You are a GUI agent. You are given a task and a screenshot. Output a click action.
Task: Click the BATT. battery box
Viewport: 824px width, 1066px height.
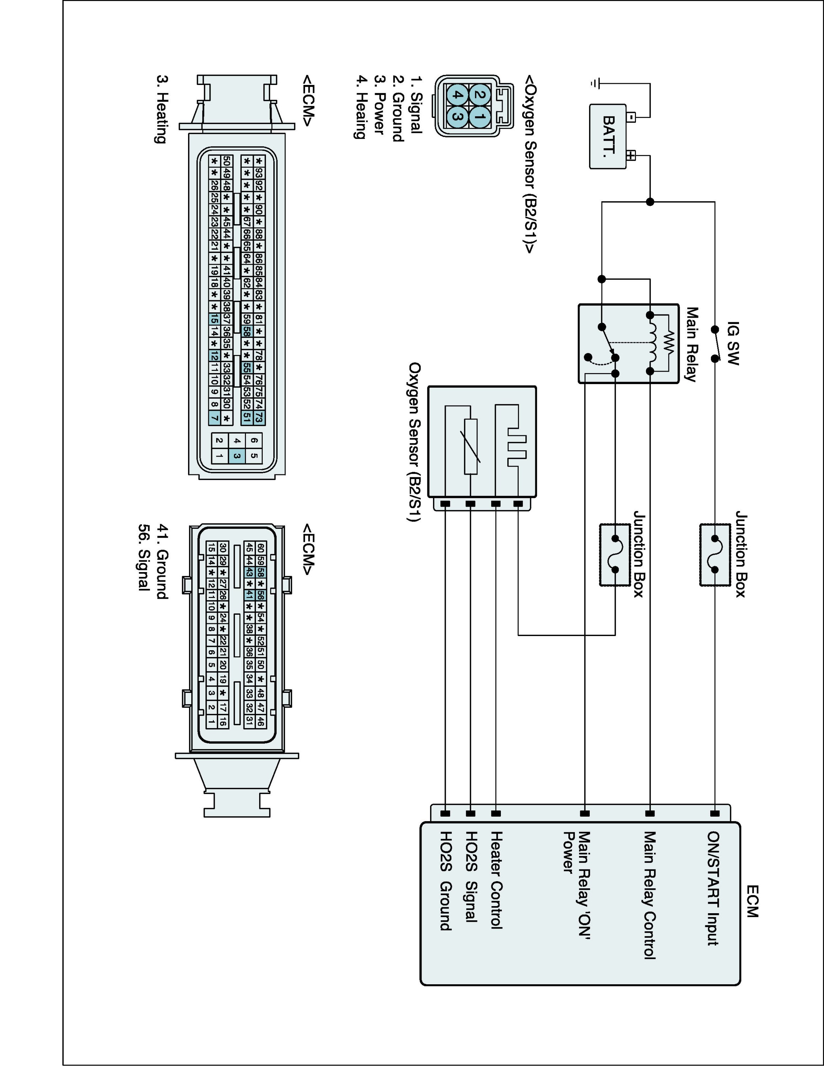[x=608, y=137]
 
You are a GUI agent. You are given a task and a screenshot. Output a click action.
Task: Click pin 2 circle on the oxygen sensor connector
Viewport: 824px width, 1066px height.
[x=480, y=94]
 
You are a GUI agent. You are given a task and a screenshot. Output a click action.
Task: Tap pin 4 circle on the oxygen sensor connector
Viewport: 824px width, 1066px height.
[x=456, y=94]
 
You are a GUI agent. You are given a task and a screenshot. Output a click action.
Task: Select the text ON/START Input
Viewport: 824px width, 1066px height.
[x=714, y=888]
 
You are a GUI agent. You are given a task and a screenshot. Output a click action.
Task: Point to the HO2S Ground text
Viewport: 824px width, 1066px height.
[x=445, y=881]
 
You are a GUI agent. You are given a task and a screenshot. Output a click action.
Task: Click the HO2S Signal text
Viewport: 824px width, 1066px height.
[x=471, y=877]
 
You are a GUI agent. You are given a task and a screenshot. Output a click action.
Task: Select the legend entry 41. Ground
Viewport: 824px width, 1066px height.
[x=162, y=561]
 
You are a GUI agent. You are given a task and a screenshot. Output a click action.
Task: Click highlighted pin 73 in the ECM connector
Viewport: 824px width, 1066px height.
[x=259, y=417]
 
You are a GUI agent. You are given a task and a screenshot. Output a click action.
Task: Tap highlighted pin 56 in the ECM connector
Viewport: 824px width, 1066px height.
[x=261, y=595]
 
